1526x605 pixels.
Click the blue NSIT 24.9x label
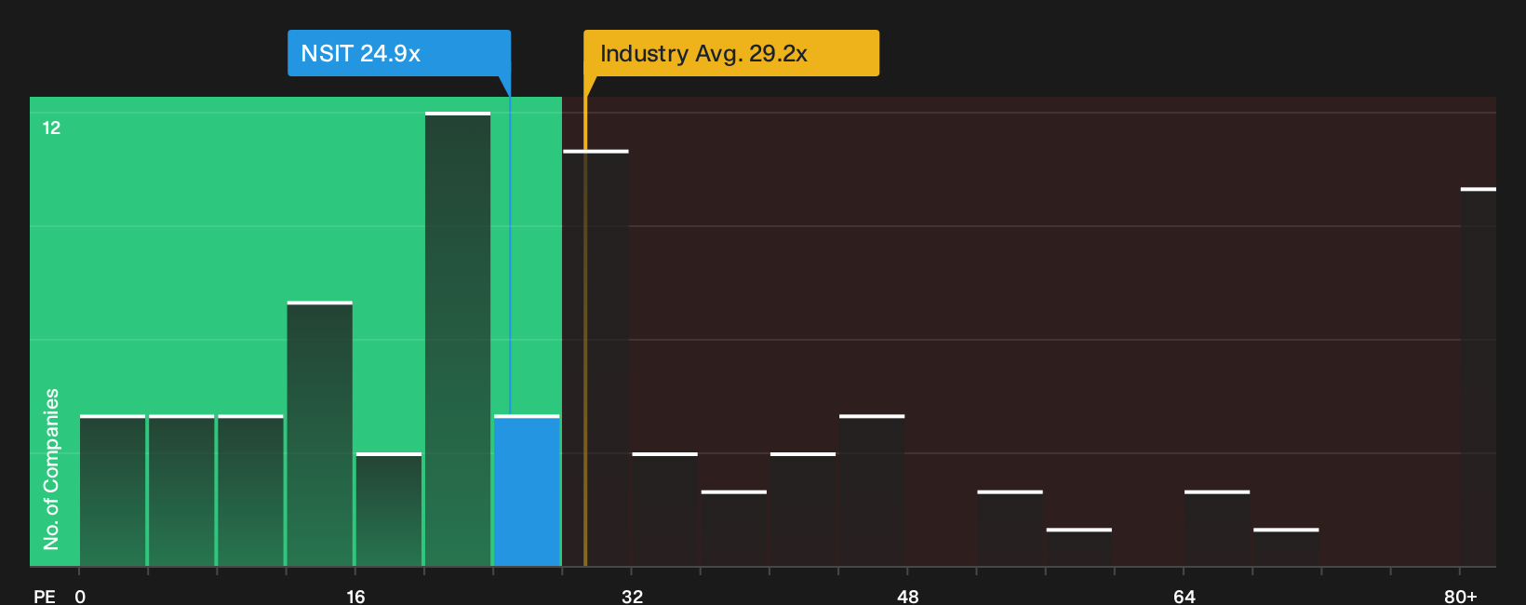(x=399, y=53)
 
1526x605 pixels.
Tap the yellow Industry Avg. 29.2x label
(x=731, y=53)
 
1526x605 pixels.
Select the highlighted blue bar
(x=527, y=491)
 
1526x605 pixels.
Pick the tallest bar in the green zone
(x=458, y=340)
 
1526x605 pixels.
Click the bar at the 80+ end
(x=1479, y=377)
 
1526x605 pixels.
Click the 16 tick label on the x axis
(x=355, y=597)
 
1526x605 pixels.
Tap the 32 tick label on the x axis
(x=632, y=597)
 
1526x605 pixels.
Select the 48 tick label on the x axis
(x=908, y=597)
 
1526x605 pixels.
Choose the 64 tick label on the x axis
(x=1185, y=597)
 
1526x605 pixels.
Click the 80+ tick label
(x=1461, y=597)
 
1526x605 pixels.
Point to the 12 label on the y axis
(x=51, y=128)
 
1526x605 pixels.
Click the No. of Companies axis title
(x=51, y=469)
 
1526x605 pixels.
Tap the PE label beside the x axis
(x=45, y=597)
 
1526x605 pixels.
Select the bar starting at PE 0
(x=113, y=491)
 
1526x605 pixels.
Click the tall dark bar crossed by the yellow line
(x=596, y=357)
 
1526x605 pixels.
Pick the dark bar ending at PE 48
(x=872, y=491)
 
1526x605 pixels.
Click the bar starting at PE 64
(x=1217, y=528)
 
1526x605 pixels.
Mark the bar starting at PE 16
(x=389, y=510)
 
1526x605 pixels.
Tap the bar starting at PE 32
(x=665, y=510)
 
